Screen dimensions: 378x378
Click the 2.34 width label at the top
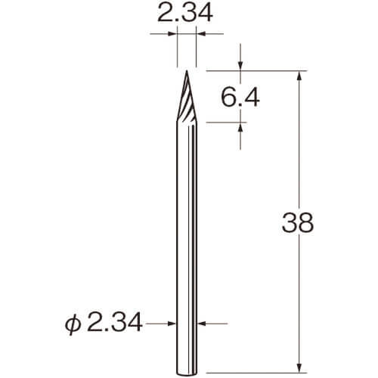click(x=185, y=13)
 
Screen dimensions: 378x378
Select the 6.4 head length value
click(x=240, y=98)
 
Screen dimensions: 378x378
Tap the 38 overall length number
click(x=298, y=223)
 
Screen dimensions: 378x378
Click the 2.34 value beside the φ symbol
click(x=115, y=324)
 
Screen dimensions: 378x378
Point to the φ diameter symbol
click(x=73, y=325)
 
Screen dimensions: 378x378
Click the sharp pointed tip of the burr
click(x=187, y=71)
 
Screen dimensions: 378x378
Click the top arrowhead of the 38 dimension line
click(x=299, y=76)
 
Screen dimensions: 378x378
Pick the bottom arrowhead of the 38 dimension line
click(x=299, y=367)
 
